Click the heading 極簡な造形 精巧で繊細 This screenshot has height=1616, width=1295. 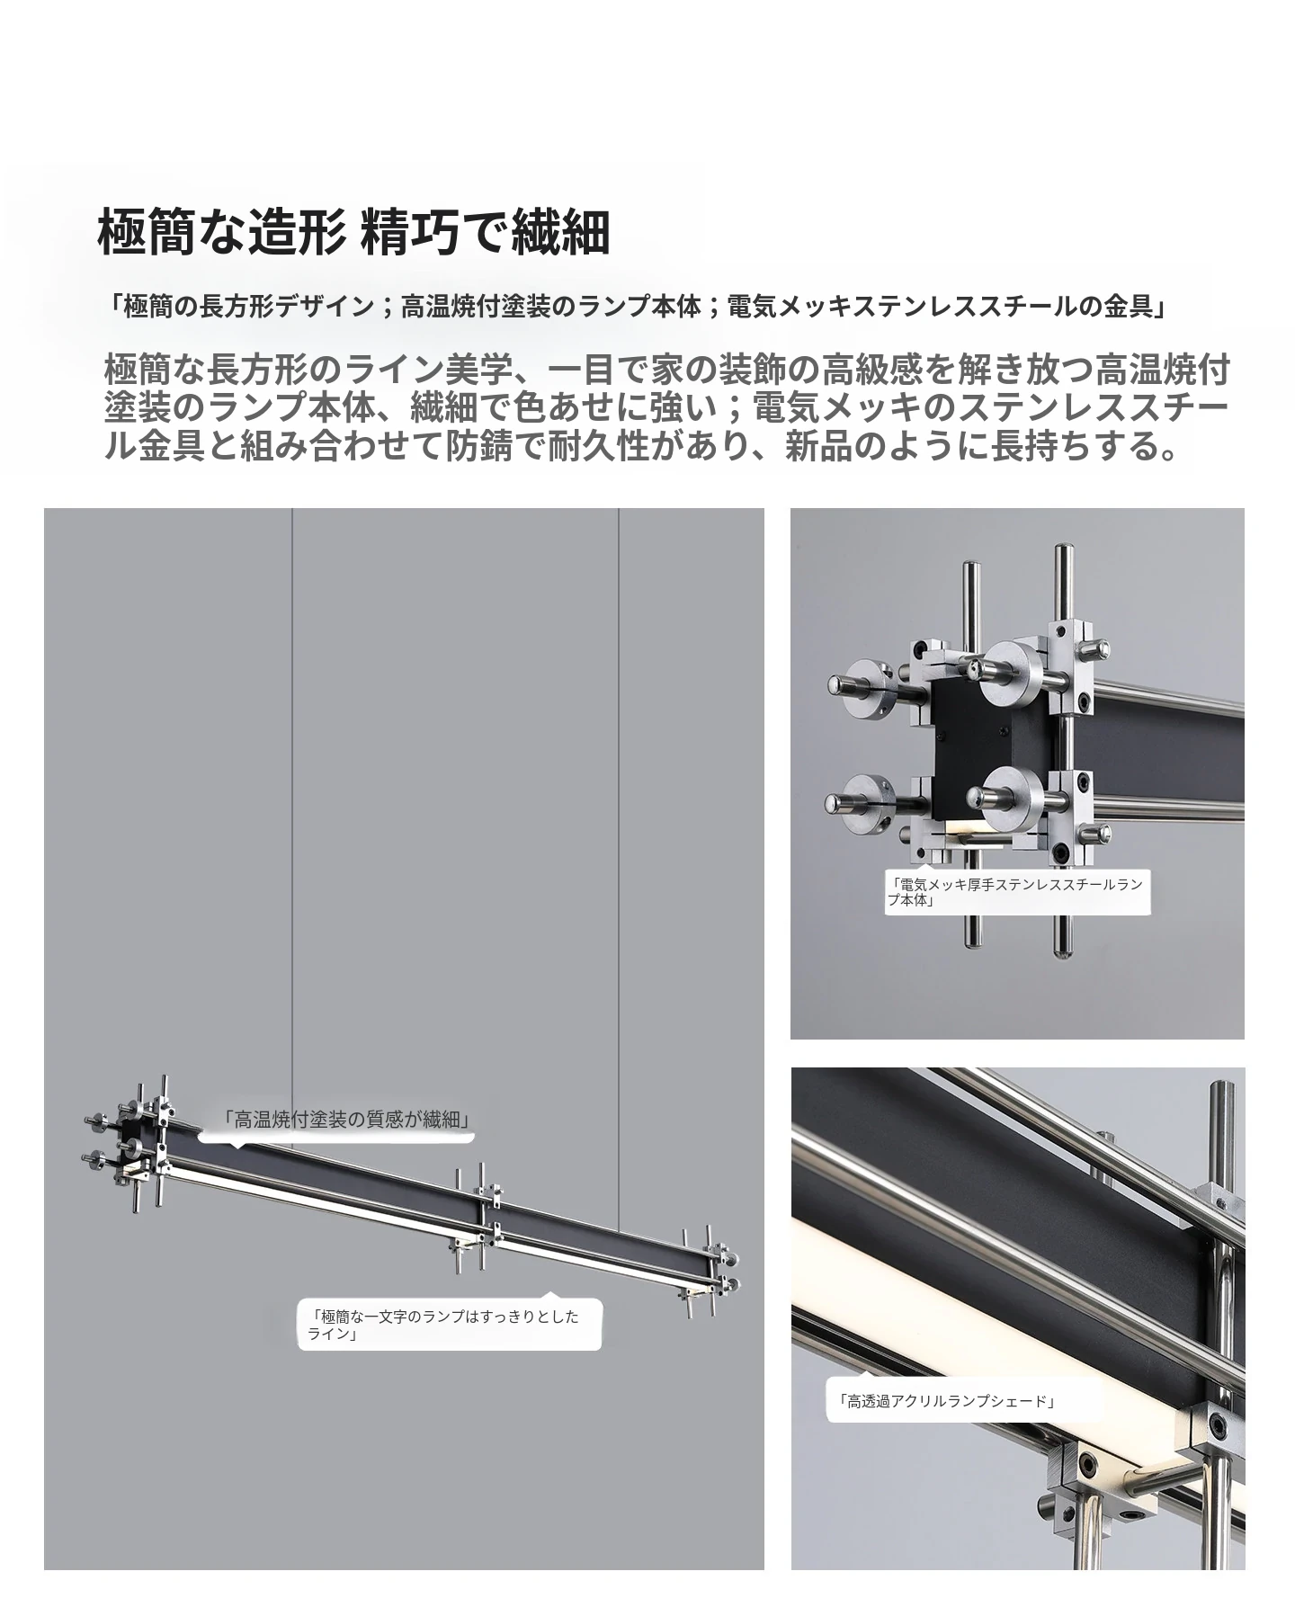[353, 233]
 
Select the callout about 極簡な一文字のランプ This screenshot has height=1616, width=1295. [450, 1326]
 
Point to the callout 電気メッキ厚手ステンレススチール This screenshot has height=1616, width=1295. [1017, 892]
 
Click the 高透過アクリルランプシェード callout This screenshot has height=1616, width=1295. [951, 1425]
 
